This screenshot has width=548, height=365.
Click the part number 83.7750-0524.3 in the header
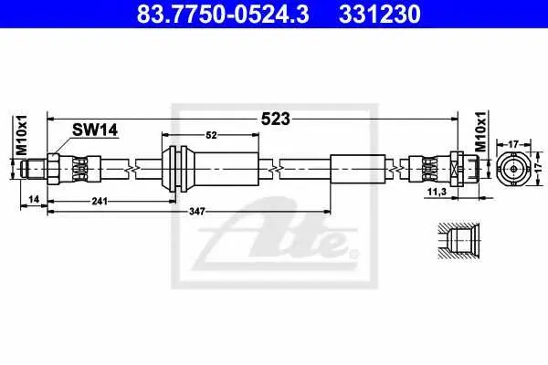tap(223, 15)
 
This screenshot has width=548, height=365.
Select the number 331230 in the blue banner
tap(380, 15)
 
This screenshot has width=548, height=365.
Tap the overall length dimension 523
tap(276, 120)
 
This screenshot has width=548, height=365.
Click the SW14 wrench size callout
tap(95, 130)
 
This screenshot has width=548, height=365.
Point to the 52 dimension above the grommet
tap(211, 135)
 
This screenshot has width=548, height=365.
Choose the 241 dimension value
tap(100, 201)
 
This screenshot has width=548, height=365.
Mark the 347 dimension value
tap(197, 212)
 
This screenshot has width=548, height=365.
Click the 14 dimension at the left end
tap(34, 200)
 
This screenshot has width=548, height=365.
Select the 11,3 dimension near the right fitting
tap(437, 192)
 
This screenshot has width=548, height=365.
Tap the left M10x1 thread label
tap(22, 135)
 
